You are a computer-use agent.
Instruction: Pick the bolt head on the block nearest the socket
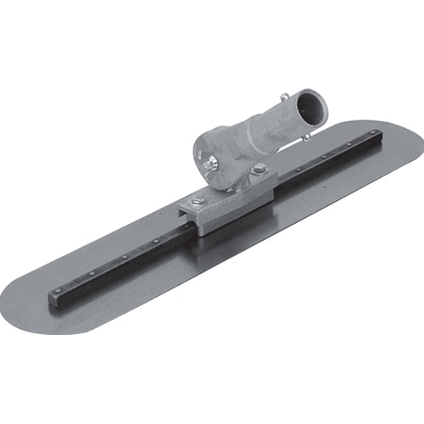259,169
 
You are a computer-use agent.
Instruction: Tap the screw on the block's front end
198,201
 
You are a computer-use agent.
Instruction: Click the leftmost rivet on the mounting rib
58,290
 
